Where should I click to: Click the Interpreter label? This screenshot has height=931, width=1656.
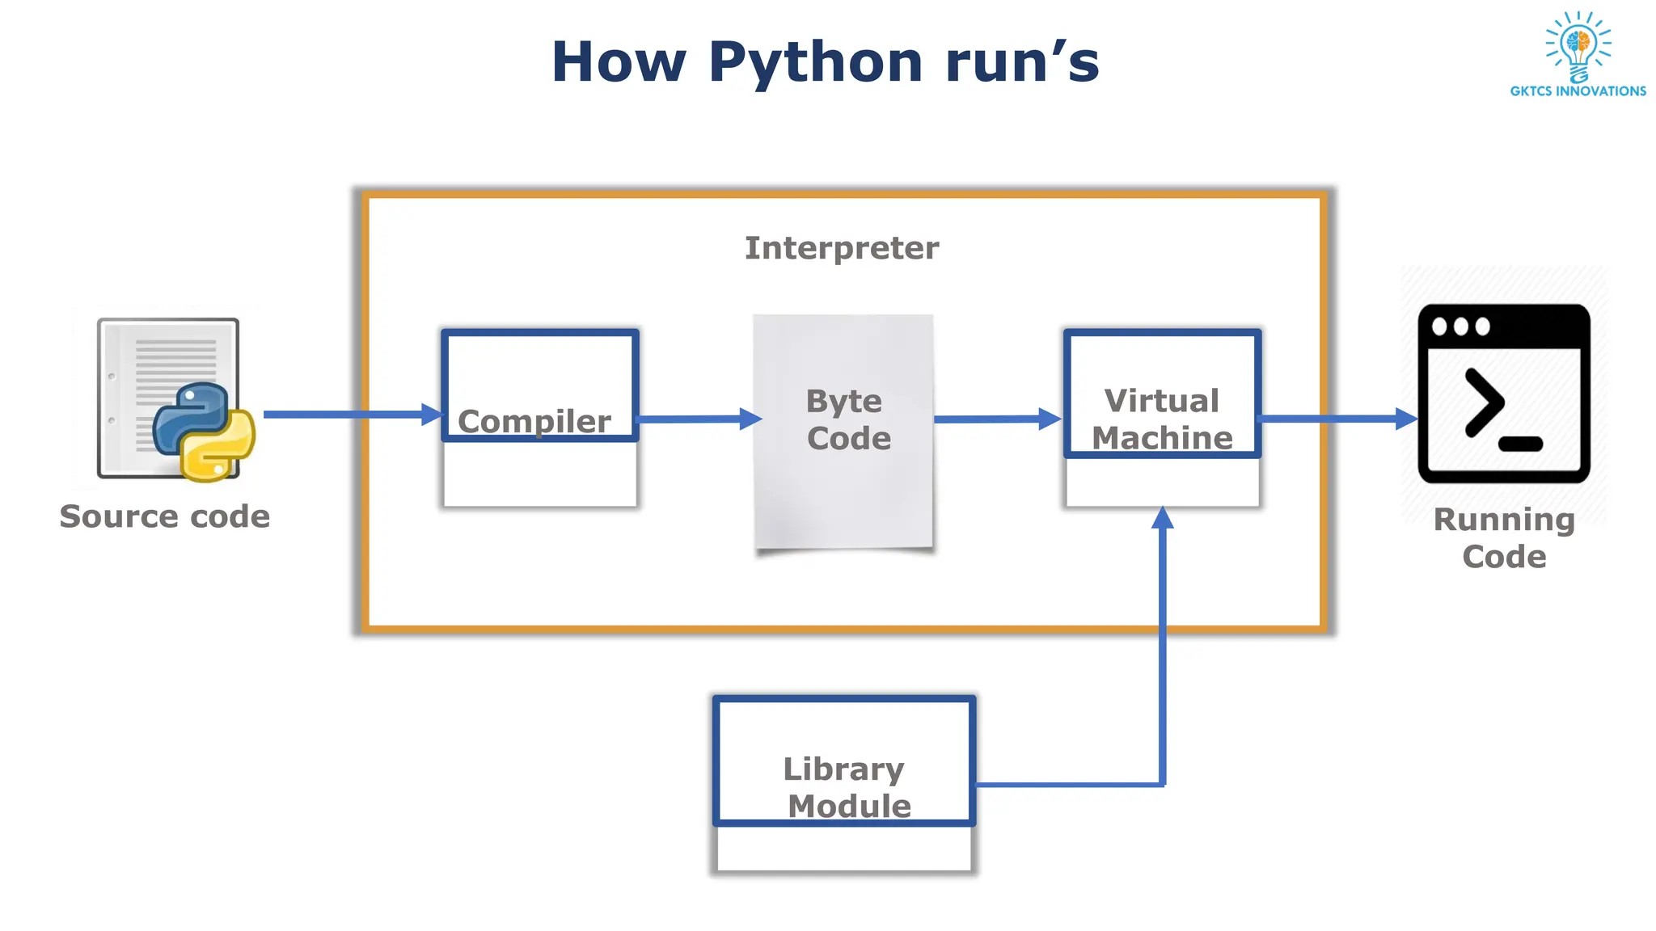coord(842,248)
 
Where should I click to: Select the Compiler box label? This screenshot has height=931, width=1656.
coord(534,421)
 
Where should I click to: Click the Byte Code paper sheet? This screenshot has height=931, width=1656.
coord(843,485)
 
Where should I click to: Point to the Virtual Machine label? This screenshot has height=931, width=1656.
coord(1162,419)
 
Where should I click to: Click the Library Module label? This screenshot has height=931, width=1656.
coord(845,787)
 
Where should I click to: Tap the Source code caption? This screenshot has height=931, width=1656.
coord(165,516)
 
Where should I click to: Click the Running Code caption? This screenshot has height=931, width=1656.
coord(1504,537)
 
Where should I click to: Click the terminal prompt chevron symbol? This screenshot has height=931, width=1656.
coord(1484,402)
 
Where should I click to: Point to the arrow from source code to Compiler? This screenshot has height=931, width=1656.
coord(348,415)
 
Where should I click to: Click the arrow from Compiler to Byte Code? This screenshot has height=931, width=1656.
coord(695,419)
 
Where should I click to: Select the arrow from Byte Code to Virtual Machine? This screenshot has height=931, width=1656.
coord(995,419)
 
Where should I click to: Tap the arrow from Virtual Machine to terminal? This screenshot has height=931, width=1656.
coord(1334,419)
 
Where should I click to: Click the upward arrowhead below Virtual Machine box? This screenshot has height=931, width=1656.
coord(1162,519)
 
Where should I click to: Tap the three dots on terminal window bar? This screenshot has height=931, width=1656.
coord(1460,326)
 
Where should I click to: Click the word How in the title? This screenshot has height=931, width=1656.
coord(619,63)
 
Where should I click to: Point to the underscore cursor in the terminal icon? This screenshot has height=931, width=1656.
coord(1520,444)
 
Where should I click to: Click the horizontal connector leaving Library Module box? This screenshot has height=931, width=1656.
coord(1067,784)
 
